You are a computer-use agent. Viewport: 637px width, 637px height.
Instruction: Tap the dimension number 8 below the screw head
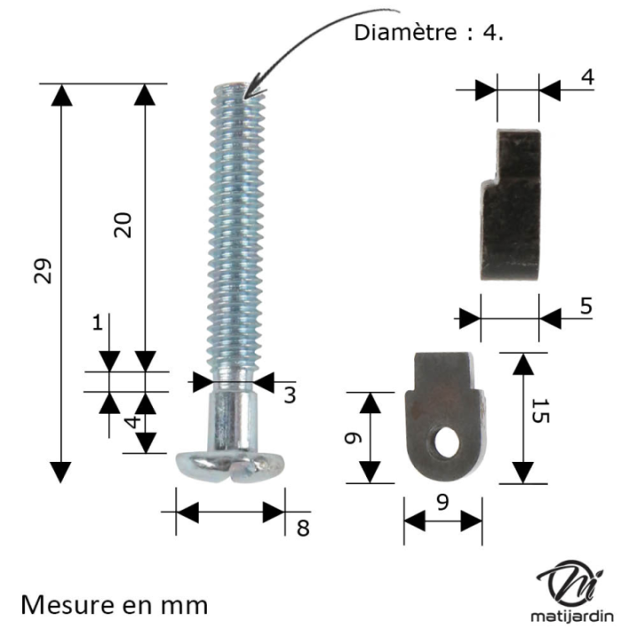[x=303, y=528]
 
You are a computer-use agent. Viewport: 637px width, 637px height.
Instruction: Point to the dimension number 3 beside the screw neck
[x=289, y=395]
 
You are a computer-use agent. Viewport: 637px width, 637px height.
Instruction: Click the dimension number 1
[x=97, y=323]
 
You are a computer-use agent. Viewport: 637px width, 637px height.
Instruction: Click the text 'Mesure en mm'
[x=114, y=605]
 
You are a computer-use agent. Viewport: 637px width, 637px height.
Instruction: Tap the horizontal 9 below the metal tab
[x=443, y=501]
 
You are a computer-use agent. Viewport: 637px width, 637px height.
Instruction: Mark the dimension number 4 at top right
[x=587, y=77]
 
